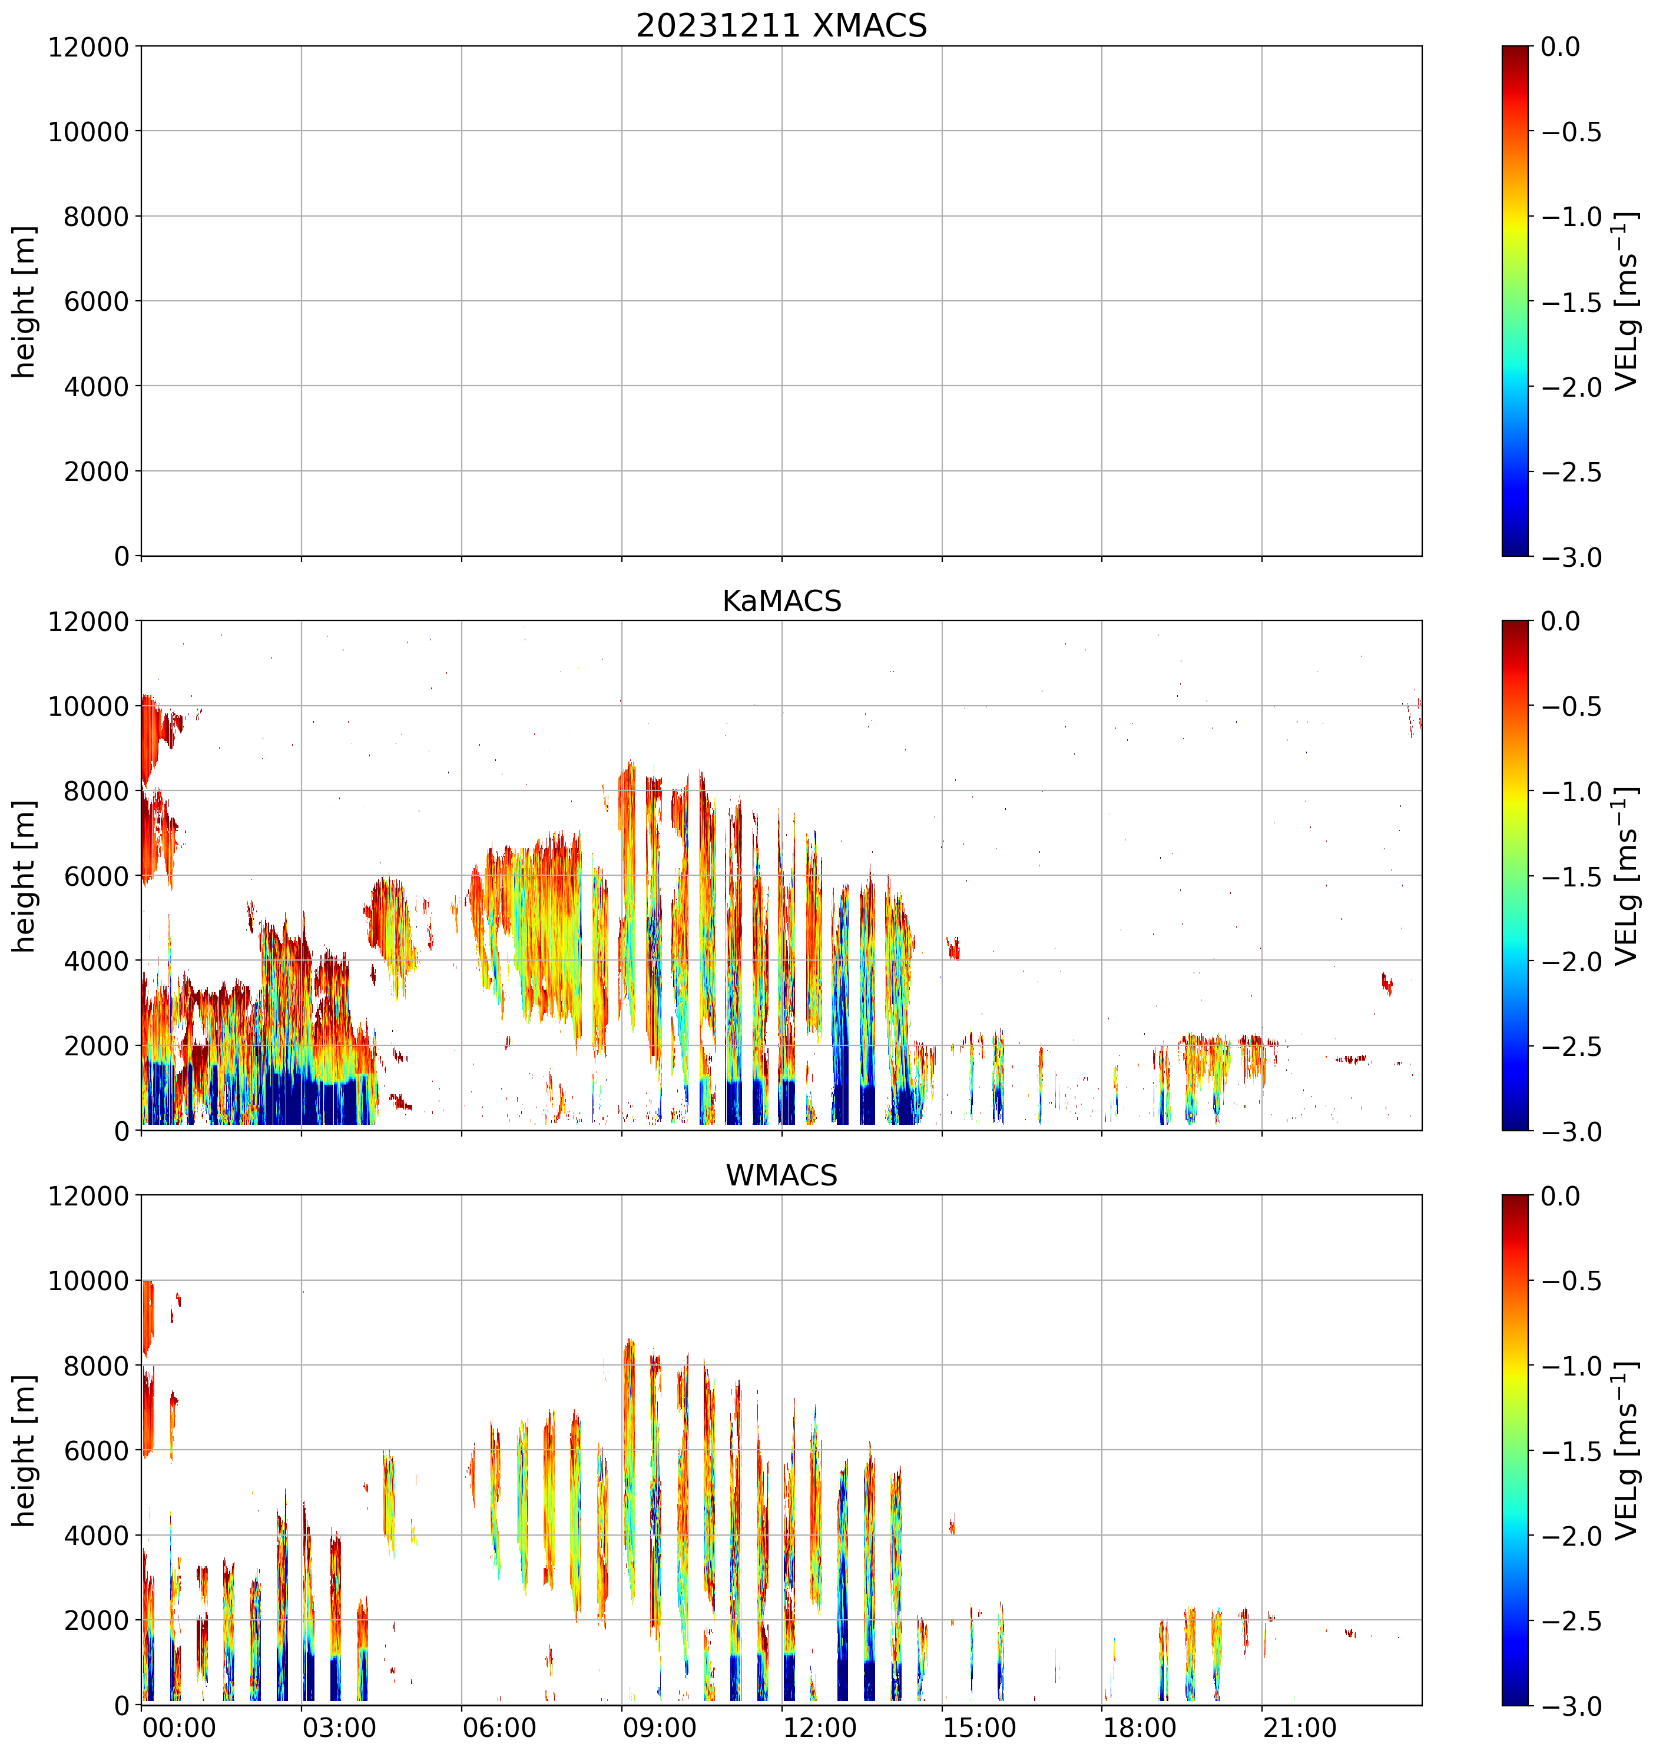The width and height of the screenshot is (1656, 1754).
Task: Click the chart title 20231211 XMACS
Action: [x=781, y=25]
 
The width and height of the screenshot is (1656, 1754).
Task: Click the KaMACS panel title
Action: [x=781, y=601]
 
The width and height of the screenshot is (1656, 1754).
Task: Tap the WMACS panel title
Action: [x=781, y=1175]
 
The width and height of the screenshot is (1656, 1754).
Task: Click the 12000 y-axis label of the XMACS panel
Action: [x=88, y=46]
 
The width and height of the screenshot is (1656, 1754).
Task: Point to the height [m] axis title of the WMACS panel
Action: [x=25, y=1450]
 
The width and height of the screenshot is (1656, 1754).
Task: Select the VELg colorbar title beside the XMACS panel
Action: [x=1626, y=301]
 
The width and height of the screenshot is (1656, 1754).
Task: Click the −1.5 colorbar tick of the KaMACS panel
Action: [x=1571, y=877]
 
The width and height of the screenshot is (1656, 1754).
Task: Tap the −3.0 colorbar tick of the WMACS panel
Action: [x=1571, y=1706]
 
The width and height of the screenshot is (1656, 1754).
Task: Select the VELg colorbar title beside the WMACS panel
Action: [x=1626, y=1450]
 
